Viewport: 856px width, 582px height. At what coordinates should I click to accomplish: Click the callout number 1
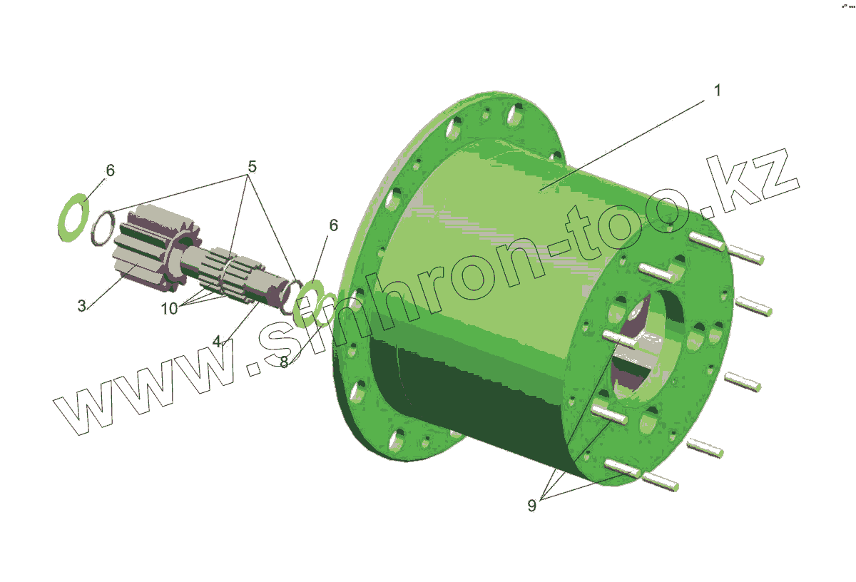(x=717, y=91)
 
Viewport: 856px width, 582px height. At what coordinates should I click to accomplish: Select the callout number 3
(x=82, y=306)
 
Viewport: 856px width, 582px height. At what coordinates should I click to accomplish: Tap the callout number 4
(x=217, y=341)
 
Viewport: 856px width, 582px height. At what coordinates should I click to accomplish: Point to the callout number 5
(x=252, y=166)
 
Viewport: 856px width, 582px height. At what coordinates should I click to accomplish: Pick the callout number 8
(x=284, y=362)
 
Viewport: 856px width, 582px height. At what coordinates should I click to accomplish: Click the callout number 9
(x=531, y=506)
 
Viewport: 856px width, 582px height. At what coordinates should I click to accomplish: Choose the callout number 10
(x=169, y=308)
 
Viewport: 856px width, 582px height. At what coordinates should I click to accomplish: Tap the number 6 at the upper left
(x=110, y=170)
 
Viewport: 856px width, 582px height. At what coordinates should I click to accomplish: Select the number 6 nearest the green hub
(x=333, y=225)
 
